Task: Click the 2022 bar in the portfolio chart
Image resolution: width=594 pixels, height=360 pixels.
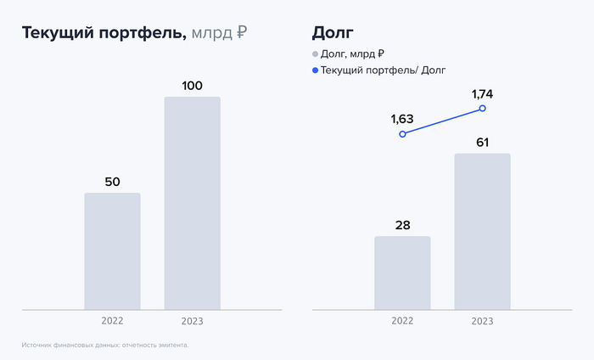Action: tap(112, 251)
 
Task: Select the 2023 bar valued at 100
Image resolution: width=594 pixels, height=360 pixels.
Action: tap(192, 203)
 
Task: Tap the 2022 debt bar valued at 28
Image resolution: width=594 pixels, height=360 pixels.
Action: tap(402, 273)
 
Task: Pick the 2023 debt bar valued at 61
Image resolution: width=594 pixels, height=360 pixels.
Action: tap(482, 231)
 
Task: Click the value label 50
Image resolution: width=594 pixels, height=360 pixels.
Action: tap(112, 181)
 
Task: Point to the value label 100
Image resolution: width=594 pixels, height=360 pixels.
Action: tap(192, 85)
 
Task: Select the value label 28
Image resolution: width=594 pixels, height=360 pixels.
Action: tap(402, 225)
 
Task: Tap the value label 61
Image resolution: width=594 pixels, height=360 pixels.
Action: tap(482, 142)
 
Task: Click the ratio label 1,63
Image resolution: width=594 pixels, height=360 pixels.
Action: tap(402, 118)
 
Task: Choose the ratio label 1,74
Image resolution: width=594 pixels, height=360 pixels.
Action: tap(482, 93)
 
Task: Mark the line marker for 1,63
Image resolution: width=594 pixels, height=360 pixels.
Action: tap(402, 134)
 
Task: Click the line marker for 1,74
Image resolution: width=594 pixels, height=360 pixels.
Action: tap(482, 109)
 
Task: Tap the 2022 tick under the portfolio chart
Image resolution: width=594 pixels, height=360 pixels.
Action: tap(112, 321)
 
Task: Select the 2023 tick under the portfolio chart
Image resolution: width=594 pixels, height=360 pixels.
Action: tap(193, 321)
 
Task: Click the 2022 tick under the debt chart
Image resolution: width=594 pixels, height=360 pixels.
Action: tap(402, 321)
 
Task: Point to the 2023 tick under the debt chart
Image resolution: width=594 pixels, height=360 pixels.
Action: tap(482, 321)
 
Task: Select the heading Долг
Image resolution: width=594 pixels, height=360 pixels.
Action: tap(333, 33)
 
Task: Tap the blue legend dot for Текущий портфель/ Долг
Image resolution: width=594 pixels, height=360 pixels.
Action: tap(316, 70)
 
